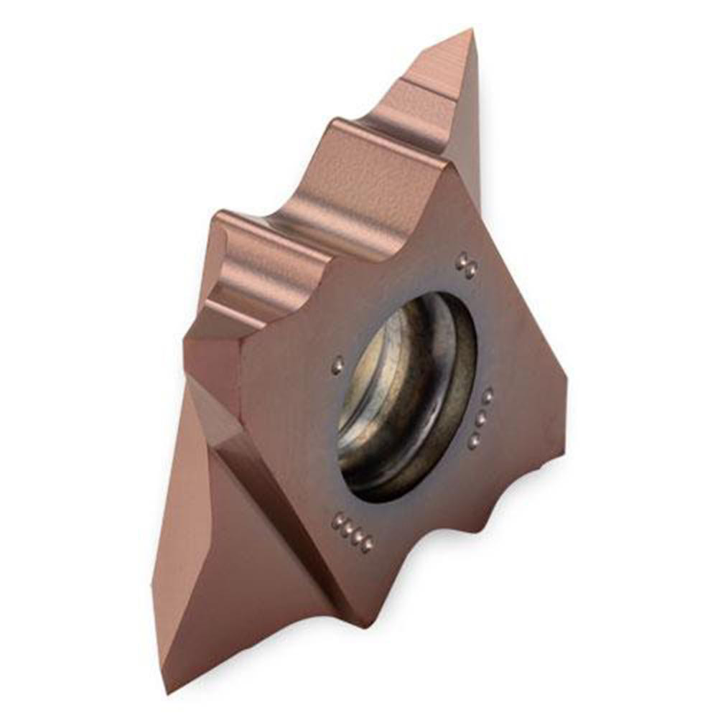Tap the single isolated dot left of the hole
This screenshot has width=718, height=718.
click(337, 368)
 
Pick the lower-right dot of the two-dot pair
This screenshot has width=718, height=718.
click(471, 271)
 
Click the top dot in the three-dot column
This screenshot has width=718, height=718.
click(488, 396)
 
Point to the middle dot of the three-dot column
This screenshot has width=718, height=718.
click(481, 418)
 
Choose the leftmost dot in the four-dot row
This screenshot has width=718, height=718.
click(336, 521)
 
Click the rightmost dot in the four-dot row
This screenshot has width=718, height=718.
click(367, 546)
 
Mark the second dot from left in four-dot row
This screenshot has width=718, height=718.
click(346, 528)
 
